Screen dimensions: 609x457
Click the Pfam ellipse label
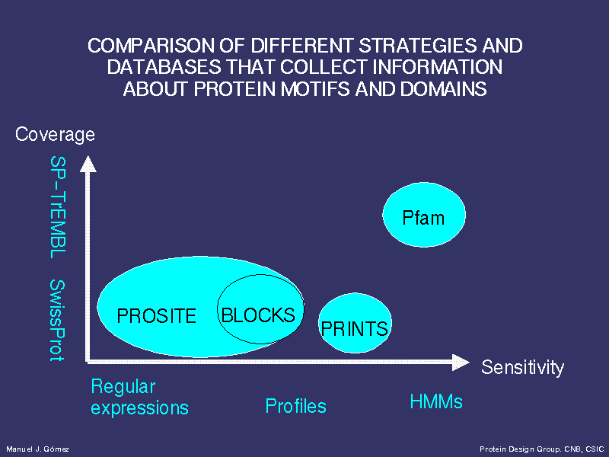[423, 218]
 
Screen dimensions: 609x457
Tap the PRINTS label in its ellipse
[354, 329]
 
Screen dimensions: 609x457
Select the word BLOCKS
[258, 315]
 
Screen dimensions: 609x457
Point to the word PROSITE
[156, 316]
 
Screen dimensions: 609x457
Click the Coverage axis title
[55, 135]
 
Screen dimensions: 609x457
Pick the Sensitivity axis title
[522, 367]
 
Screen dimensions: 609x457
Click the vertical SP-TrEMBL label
[58, 207]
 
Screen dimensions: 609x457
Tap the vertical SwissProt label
[57, 321]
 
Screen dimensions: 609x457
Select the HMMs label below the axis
[436, 401]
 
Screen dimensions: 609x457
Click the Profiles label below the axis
[295, 406]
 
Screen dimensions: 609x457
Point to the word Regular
[123, 387]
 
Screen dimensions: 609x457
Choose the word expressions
[139, 408]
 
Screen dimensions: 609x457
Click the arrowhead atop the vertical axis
[88, 164]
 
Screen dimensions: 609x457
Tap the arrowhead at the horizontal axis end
[461, 363]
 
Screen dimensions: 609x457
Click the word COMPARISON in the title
[151, 46]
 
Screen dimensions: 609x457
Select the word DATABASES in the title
[164, 67]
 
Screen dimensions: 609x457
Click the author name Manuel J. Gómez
[37, 449]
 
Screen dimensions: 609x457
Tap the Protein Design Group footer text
[541, 449]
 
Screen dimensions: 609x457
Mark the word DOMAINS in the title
[443, 89]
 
